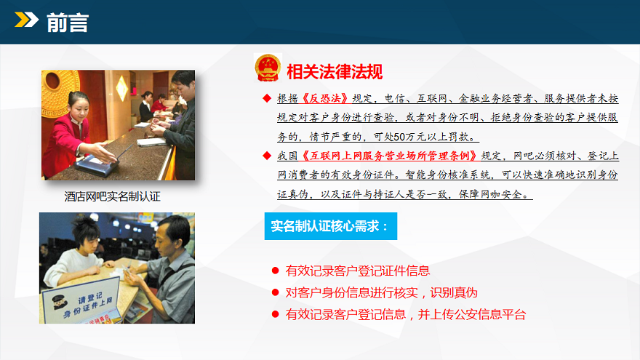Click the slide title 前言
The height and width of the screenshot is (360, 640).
tap(68, 22)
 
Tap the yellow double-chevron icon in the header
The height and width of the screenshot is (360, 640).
tap(26, 20)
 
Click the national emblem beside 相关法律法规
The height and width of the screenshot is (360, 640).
tap(268, 68)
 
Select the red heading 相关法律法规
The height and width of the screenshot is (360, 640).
tap(335, 72)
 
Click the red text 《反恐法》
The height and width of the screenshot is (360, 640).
tap(325, 98)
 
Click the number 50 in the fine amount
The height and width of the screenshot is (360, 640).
tap(399, 137)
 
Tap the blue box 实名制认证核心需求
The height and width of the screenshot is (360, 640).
tap(331, 226)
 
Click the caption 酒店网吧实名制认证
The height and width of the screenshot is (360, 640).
tap(112, 197)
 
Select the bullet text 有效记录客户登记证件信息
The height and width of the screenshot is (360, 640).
tap(358, 271)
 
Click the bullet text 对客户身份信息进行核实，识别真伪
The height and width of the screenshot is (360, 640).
tap(381, 292)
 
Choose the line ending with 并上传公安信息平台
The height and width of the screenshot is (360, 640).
tap(406, 314)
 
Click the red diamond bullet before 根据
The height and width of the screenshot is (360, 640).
tap(267, 98)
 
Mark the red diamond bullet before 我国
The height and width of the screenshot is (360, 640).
tap(267, 156)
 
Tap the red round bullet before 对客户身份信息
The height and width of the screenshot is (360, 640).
tap(275, 292)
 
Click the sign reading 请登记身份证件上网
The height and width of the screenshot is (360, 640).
tap(81, 301)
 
